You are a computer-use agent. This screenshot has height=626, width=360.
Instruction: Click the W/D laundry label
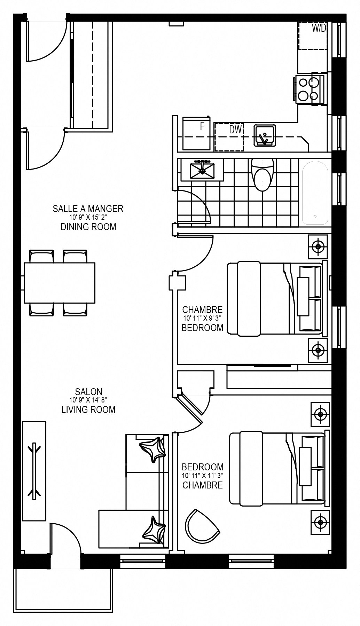pyautogui.click(x=319, y=29)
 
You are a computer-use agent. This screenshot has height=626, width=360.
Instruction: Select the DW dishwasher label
pyautogui.click(x=235, y=130)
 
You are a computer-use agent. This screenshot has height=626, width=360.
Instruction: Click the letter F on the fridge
pyautogui.click(x=202, y=126)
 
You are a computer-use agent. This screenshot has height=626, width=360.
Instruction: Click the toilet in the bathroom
pyautogui.click(x=263, y=174)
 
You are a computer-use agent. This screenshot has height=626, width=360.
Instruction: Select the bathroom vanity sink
pyautogui.click(x=202, y=170)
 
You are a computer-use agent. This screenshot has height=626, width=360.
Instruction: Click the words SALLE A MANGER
pyautogui.click(x=88, y=209)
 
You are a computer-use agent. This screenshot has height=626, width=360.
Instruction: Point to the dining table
pyautogui.click(x=60, y=283)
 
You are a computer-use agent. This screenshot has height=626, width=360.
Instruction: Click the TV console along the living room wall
pyautogui.click(x=34, y=472)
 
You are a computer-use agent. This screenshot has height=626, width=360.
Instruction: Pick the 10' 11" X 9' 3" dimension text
pyautogui.click(x=203, y=318)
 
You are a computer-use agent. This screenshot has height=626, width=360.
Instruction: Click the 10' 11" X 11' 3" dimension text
pyautogui.click(x=202, y=475)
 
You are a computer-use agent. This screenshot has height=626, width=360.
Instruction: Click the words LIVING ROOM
pyautogui.click(x=88, y=409)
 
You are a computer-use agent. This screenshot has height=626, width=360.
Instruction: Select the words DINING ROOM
pyautogui.click(x=88, y=227)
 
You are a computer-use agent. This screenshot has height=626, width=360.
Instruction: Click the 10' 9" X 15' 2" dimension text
pyautogui.click(x=88, y=217)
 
